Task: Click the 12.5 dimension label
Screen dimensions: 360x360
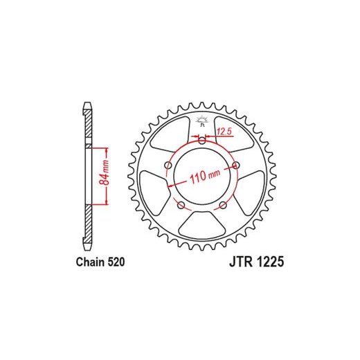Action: tap(224, 132)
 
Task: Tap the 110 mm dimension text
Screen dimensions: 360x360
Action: tap(205, 176)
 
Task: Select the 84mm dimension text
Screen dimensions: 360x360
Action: tap(104, 172)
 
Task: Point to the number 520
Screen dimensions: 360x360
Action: tap(115, 262)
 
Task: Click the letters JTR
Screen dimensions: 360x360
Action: tap(240, 262)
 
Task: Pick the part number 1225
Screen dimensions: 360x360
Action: tap(269, 262)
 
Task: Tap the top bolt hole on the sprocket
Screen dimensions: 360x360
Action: tap(202, 141)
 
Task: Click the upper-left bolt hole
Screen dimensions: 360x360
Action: tap(169, 165)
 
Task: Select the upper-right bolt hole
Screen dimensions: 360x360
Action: tap(235, 165)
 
